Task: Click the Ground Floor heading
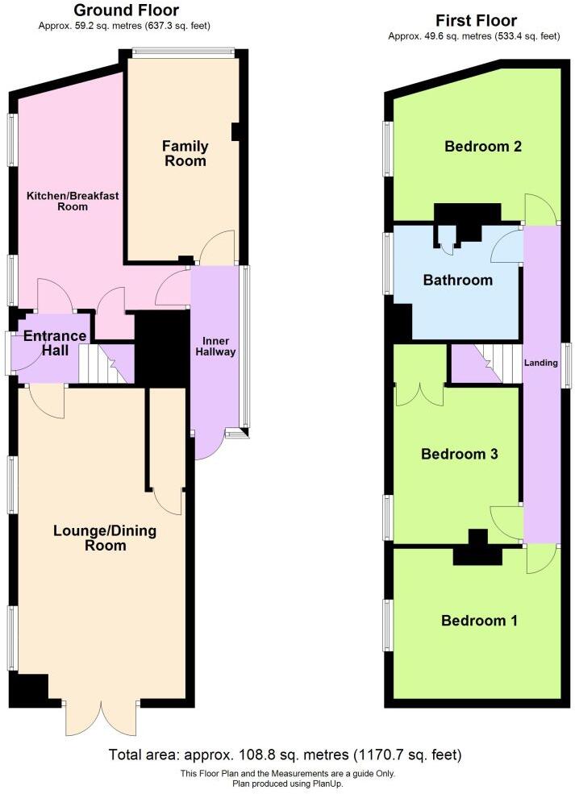(126, 10)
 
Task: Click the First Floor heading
(476, 21)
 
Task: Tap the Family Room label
(185, 153)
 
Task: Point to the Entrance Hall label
(54, 343)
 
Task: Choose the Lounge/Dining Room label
(105, 538)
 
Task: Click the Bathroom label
(457, 281)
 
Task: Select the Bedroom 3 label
(459, 454)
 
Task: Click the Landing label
(540, 363)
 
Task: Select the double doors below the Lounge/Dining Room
(103, 717)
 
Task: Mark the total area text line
(285, 755)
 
